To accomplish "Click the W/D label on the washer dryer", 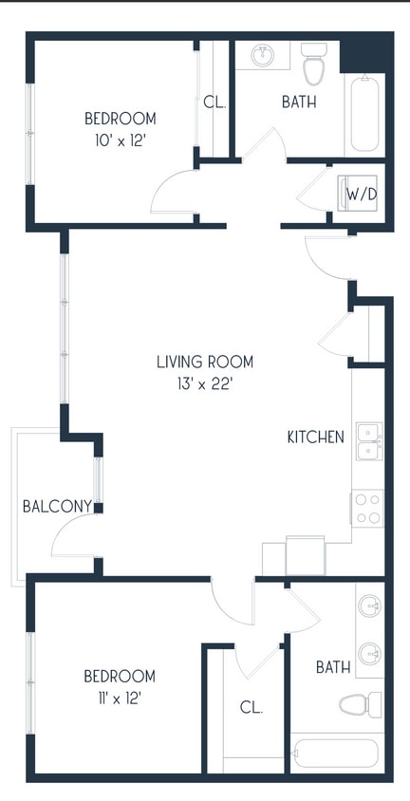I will point(361,194).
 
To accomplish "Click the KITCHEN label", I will point(315,438).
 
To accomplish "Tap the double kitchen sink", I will point(368,440).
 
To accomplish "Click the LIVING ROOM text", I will point(205,362).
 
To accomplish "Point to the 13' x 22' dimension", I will point(205,383).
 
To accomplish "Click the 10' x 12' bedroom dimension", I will point(120,140).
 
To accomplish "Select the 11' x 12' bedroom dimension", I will point(120,698).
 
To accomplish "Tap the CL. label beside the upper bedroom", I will point(214,102).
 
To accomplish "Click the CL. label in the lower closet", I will point(252,707).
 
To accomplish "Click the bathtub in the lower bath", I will point(336,754).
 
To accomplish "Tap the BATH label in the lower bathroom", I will point(333,667).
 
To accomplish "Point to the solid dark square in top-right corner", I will point(365,52).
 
